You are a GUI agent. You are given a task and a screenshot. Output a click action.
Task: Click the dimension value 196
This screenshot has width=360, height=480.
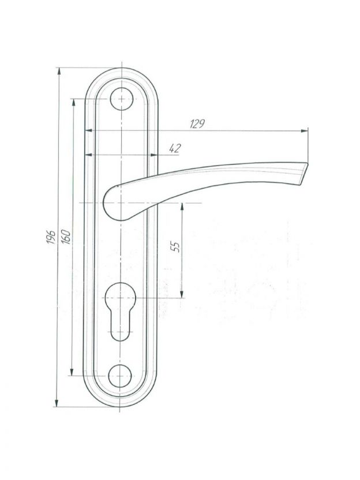tap(51, 237)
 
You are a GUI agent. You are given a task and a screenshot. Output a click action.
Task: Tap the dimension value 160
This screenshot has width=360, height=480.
tap(66, 237)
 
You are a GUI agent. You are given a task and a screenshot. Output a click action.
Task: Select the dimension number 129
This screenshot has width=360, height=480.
tap(197, 124)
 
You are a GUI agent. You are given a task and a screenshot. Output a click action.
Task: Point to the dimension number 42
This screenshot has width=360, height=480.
tap(175, 148)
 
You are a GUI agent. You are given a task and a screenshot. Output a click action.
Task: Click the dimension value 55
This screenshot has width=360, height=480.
tap(176, 246)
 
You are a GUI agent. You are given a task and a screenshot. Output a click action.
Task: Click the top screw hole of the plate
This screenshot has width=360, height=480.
tap(122, 99)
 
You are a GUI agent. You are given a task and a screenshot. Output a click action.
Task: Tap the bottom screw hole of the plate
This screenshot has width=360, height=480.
tap(119, 376)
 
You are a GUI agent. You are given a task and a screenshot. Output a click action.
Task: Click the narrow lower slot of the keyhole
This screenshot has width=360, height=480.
tap(121, 326)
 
